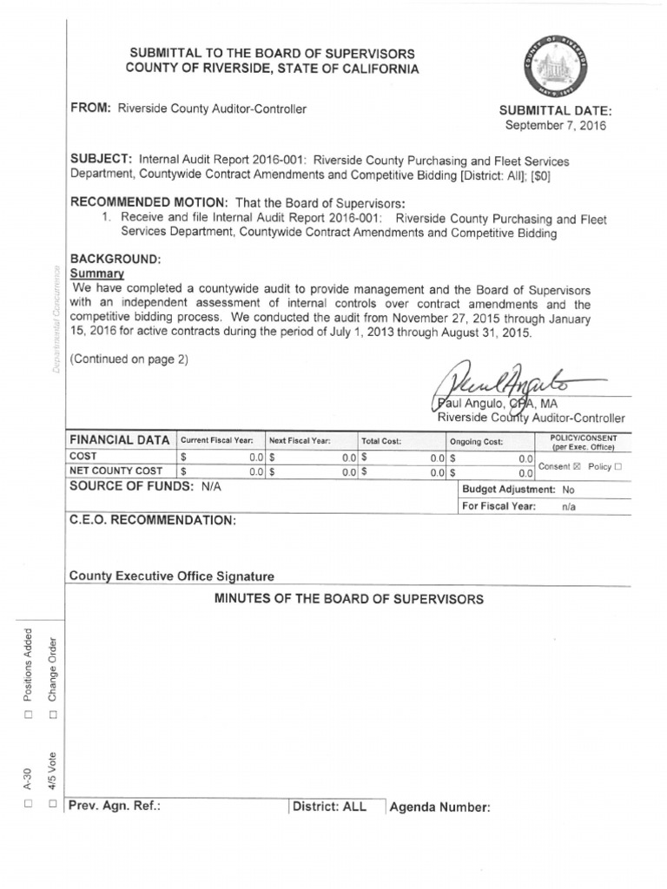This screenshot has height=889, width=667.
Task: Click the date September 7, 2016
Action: [556, 125]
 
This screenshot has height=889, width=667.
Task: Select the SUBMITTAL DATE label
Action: [556, 110]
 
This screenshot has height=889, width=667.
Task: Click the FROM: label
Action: [89, 108]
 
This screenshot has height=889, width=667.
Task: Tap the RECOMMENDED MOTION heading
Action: [148, 201]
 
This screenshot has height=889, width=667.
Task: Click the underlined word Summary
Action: [97, 273]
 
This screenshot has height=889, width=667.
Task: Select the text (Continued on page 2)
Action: [129, 359]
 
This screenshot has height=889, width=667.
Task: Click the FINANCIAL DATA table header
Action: [120, 440]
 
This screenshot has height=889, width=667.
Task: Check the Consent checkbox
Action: [578, 466]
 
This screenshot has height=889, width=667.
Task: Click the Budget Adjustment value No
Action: [568, 490]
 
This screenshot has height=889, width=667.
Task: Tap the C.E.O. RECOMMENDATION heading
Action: [152, 520]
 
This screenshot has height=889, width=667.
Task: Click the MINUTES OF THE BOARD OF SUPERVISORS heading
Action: [348, 599]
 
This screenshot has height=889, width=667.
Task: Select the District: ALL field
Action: [329, 807]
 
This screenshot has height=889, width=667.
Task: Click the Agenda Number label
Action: [439, 807]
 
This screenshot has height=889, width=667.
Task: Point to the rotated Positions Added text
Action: [29, 664]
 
